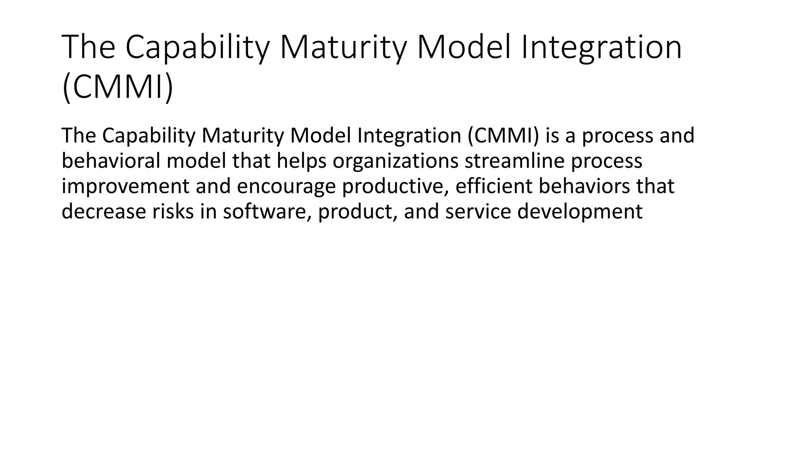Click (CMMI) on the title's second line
click(117, 88)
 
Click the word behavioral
click(111, 161)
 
